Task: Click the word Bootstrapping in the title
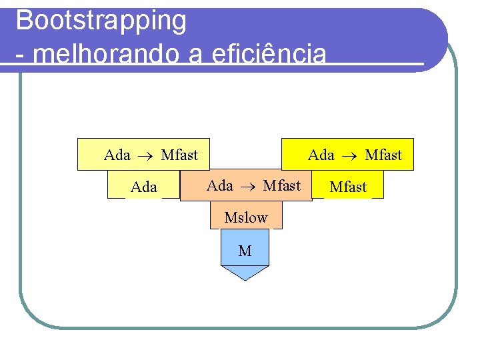[x=101, y=21]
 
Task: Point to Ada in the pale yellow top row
[x=117, y=155]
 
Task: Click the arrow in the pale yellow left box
[x=145, y=156]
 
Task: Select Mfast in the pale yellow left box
[x=179, y=155]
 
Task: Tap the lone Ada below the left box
[x=144, y=187]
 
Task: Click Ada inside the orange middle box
[x=220, y=185]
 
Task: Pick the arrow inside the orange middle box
[x=248, y=186]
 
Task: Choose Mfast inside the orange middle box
[x=281, y=185]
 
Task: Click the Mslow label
[x=246, y=217]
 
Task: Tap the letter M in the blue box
[x=245, y=251]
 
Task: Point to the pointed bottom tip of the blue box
[x=245, y=279]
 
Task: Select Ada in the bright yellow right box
[x=321, y=155]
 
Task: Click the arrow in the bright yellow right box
[x=349, y=156]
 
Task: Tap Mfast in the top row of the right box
[x=383, y=155]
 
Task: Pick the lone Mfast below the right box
[x=348, y=187]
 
